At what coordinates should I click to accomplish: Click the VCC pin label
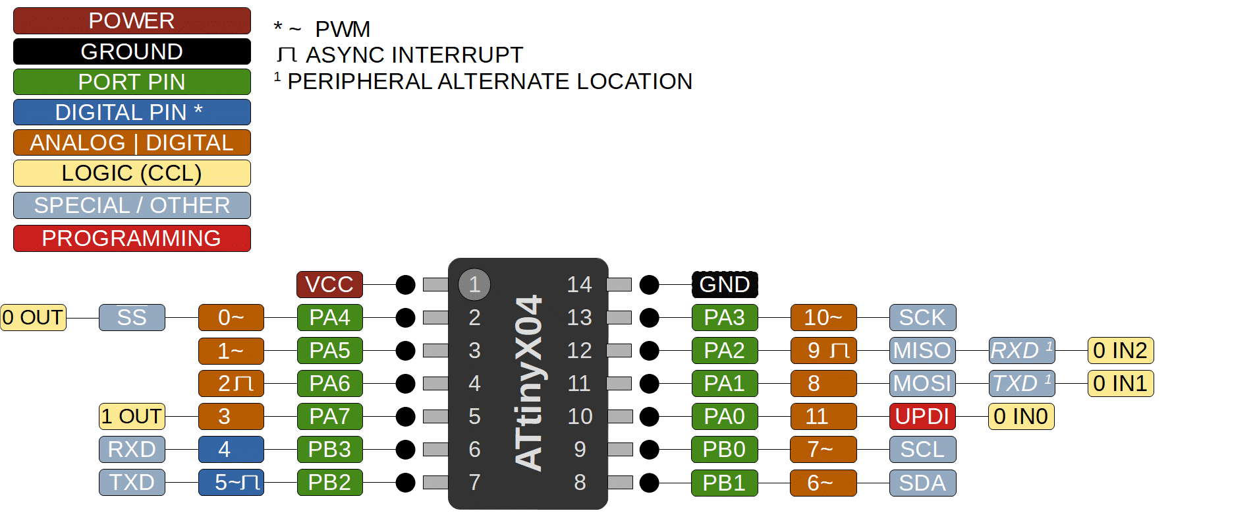pyautogui.click(x=329, y=284)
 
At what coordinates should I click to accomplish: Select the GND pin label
pyautogui.click(x=725, y=284)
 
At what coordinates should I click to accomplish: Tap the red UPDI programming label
pyautogui.click(x=922, y=416)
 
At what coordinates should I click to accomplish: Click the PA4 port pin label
pyautogui.click(x=329, y=317)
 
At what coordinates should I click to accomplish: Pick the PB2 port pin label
pyautogui.click(x=329, y=482)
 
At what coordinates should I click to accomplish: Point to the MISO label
pyautogui.click(x=922, y=350)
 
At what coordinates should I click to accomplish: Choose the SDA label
pyautogui.click(x=922, y=482)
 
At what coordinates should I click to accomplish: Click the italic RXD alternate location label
pyautogui.click(x=1021, y=350)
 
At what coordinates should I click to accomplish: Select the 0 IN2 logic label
pyautogui.click(x=1120, y=350)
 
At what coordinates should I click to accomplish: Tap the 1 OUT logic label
pyautogui.click(x=132, y=416)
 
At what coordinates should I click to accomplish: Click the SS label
pyautogui.click(x=132, y=317)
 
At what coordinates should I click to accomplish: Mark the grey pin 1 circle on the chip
pyautogui.click(x=474, y=284)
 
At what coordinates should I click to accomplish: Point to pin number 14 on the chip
pyautogui.click(x=580, y=284)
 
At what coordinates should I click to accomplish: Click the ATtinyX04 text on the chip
pyautogui.click(x=528, y=382)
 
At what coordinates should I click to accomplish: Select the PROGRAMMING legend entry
pyautogui.click(x=132, y=238)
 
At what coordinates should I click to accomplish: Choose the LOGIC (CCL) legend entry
pyautogui.click(x=132, y=173)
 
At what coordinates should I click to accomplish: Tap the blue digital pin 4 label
pyautogui.click(x=231, y=449)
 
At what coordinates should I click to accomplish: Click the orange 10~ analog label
pyautogui.click(x=823, y=317)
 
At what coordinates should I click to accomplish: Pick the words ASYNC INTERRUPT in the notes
pyautogui.click(x=414, y=55)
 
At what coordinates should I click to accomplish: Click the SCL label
pyautogui.click(x=922, y=449)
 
